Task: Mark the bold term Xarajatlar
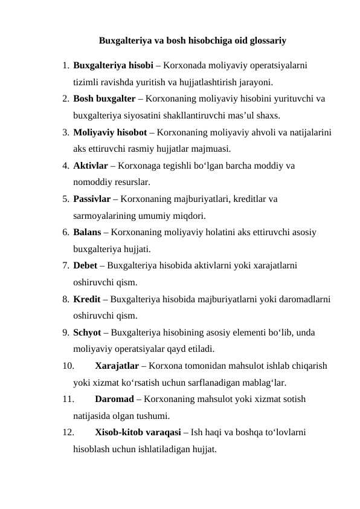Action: (x=117, y=365)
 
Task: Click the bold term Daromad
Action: (x=115, y=399)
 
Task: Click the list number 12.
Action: (x=67, y=432)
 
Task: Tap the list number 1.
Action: (x=65, y=65)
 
